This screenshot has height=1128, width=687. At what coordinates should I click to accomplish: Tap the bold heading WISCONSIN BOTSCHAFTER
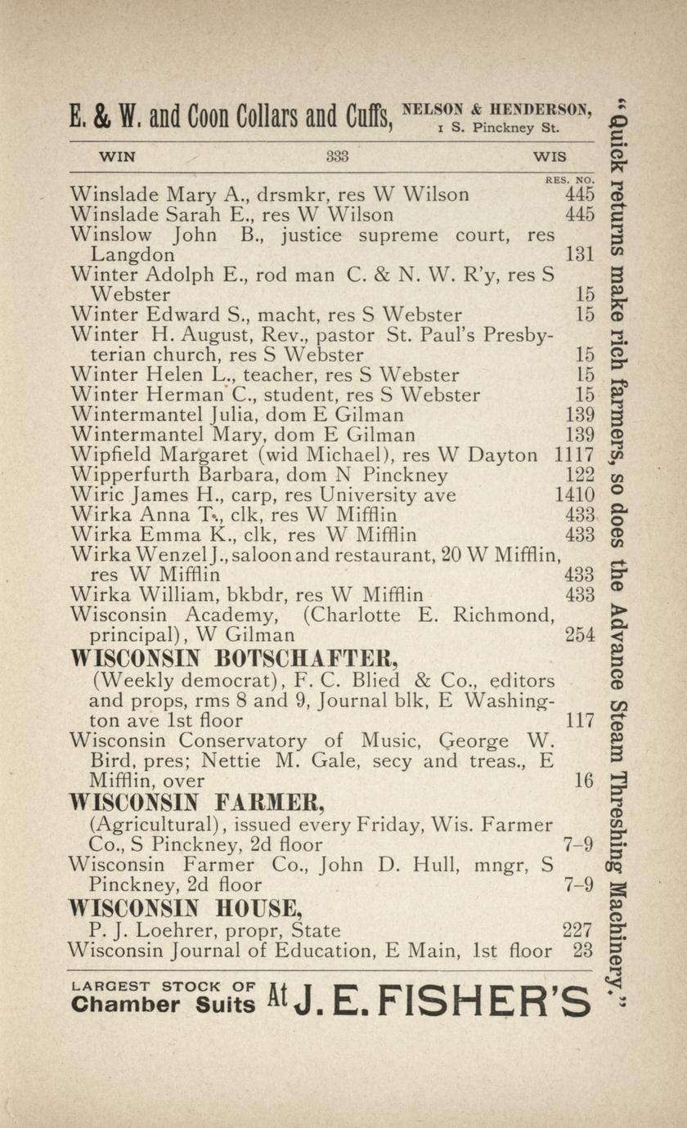click(x=223, y=659)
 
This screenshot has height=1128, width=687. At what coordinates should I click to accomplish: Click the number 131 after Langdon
click(x=579, y=255)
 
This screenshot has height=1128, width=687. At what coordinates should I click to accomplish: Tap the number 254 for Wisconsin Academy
click(x=579, y=634)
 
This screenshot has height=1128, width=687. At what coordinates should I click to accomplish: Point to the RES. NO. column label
click(x=568, y=180)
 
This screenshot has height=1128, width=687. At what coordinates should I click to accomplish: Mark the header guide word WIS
click(x=549, y=156)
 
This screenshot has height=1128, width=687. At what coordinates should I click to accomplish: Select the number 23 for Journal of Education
click(x=582, y=951)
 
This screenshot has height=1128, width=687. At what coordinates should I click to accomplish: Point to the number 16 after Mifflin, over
click(x=583, y=781)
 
